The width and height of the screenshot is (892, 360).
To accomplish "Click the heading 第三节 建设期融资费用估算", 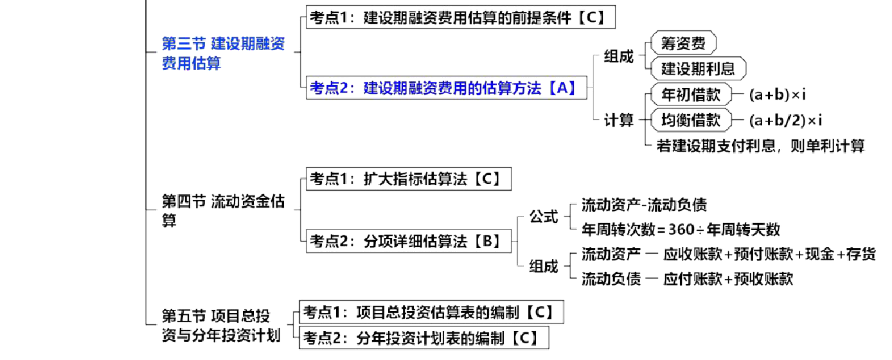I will coord(223,53).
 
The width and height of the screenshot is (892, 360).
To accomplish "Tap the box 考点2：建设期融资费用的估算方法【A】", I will coord(447,88).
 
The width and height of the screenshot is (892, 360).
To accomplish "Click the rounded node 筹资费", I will coord(683,44).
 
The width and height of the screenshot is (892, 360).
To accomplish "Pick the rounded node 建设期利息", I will coord(697,68).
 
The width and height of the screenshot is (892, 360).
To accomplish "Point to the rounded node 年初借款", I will coord(691,95).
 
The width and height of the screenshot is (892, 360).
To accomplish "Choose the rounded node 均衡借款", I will coord(691,120).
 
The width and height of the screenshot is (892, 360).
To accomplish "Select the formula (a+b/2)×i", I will coord(785,120).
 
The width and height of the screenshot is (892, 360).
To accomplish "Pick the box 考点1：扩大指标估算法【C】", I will coord(408,178).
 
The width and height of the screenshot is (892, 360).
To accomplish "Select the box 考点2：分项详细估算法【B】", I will coord(409,241).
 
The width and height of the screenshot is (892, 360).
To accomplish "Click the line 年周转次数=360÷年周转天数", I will coord(681,229).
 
